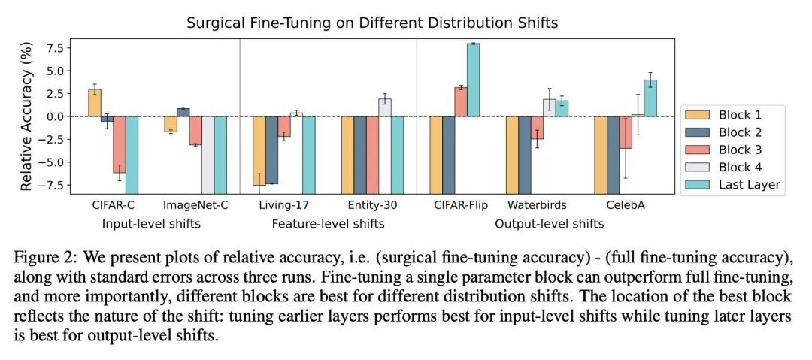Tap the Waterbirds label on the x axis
[x=537, y=205]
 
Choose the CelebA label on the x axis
[x=626, y=205]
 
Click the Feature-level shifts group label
[x=328, y=224]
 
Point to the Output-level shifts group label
[x=550, y=224]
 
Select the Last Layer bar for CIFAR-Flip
[x=474, y=80]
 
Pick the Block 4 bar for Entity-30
[x=385, y=107]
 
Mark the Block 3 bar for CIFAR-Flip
[x=461, y=102]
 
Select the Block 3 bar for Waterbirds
[x=537, y=128]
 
